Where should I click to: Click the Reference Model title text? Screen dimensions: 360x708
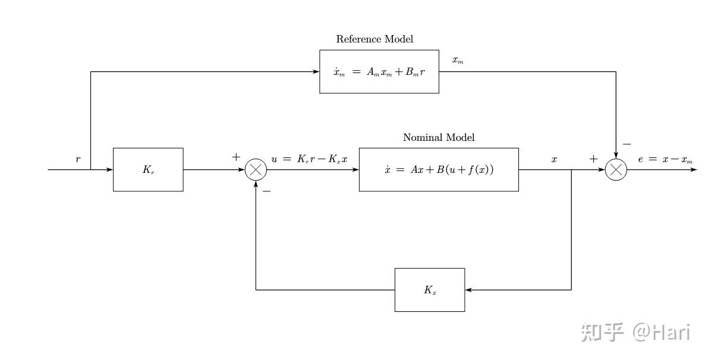[375, 39]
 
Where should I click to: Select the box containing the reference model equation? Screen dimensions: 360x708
[379, 72]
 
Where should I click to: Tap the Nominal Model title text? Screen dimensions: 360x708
[439, 137]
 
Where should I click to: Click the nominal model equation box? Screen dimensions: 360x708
[439, 170]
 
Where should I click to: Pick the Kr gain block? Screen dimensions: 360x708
[148, 170]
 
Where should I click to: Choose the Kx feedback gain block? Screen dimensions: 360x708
[430, 290]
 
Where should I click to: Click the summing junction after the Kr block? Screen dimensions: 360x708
[256, 170]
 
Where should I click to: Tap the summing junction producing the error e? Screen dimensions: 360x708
[616, 170]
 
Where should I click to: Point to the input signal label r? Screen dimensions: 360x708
[78, 159]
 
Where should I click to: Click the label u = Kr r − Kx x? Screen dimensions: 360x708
[310, 159]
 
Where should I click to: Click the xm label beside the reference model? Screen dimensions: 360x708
[458, 60]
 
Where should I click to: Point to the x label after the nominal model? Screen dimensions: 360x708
[554, 159]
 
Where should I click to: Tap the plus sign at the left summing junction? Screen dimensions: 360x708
[236, 157]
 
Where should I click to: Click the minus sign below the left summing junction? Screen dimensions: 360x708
[266, 191]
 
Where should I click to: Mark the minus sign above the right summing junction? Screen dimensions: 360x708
[627, 144]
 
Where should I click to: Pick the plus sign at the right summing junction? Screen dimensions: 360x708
[593, 159]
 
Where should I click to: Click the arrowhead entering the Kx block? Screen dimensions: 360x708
[468, 290]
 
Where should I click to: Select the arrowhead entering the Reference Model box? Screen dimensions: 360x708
[316, 72]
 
